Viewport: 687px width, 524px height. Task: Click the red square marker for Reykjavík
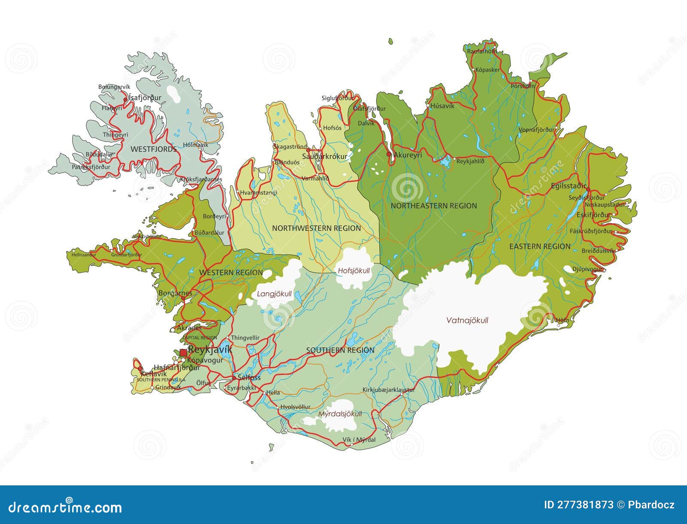tap(183, 352)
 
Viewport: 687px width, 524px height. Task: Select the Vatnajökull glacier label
tap(467, 320)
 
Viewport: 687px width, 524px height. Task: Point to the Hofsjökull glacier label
tap(353, 271)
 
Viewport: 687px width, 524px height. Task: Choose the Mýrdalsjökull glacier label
tap(340, 414)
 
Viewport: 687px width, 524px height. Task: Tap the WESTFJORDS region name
tap(153, 149)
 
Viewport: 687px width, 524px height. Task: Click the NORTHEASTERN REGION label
tap(434, 206)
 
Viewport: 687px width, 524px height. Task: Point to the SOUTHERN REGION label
tap(340, 350)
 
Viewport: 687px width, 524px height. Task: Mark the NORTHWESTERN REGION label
tap(316, 228)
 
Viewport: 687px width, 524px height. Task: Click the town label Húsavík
tap(440, 106)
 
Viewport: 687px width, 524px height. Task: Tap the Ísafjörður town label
tap(145, 98)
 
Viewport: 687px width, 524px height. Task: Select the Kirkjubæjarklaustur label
tap(389, 390)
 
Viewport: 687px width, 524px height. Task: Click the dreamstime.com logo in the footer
tap(62, 508)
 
